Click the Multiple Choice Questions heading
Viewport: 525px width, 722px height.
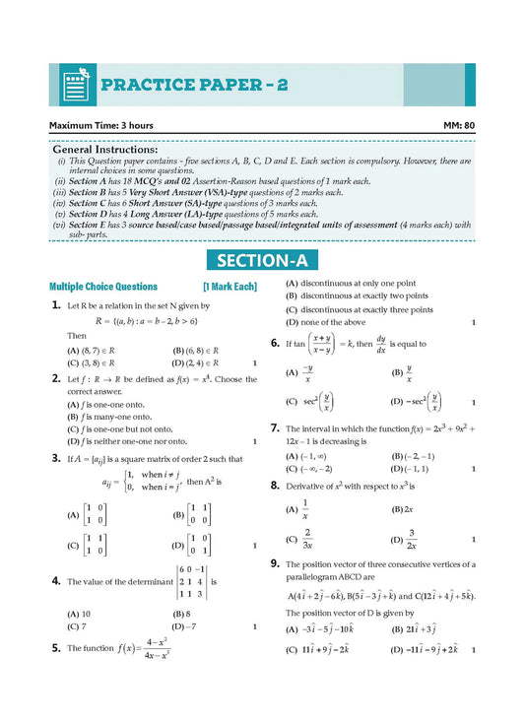tap(103, 287)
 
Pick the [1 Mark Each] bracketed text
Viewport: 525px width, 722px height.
tap(230, 287)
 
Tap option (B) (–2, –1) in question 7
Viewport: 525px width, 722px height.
tap(413, 456)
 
